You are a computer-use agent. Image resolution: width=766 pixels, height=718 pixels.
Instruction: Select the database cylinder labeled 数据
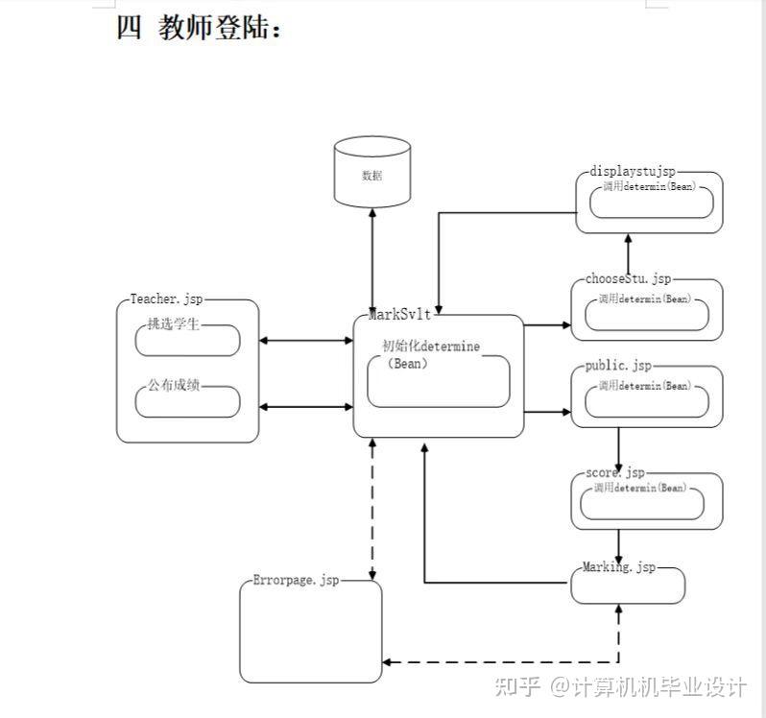(x=371, y=174)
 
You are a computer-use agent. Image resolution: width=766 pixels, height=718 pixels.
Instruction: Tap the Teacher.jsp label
(x=167, y=299)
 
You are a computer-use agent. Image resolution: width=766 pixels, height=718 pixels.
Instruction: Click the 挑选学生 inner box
(x=188, y=339)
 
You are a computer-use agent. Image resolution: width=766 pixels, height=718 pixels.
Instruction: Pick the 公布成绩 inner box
(x=188, y=400)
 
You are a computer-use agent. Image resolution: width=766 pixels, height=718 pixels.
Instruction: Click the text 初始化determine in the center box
(x=431, y=346)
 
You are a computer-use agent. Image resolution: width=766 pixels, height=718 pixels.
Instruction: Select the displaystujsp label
(x=633, y=172)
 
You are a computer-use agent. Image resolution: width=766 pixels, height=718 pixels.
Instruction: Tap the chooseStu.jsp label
(x=628, y=279)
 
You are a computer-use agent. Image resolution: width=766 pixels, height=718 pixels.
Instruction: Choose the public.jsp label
(x=618, y=366)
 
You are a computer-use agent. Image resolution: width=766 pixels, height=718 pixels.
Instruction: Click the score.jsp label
(x=615, y=473)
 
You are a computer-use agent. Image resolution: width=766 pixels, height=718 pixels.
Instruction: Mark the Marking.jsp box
(x=628, y=585)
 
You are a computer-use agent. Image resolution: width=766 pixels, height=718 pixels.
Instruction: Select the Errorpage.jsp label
(x=296, y=581)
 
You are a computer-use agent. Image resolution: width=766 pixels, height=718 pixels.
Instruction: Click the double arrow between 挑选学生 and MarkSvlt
(x=306, y=341)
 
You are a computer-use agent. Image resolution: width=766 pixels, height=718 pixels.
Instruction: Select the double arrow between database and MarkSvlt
(x=371, y=254)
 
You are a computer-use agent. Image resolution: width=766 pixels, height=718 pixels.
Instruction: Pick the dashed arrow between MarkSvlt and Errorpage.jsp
(x=371, y=509)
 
